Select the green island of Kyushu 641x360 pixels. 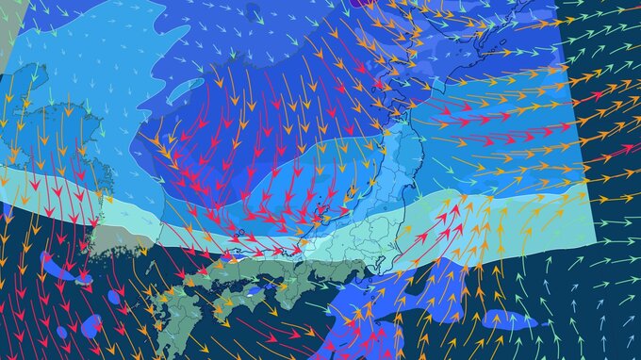179,311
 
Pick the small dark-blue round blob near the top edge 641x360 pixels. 253,12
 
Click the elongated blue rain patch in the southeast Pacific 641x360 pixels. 509,320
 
